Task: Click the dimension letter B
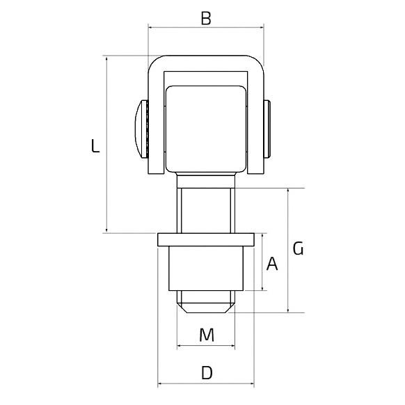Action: (206, 18)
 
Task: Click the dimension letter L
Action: (95, 145)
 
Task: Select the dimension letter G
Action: (298, 248)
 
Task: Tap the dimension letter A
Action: (272, 264)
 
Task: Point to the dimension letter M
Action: (207, 335)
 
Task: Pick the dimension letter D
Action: (207, 373)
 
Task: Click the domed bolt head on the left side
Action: (141, 129)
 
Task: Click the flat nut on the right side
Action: (267, 129)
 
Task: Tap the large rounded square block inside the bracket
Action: (206, 129)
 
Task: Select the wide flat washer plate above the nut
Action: (206, 239)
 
